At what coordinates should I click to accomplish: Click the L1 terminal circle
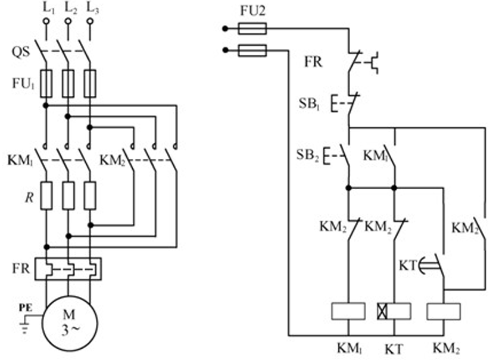pyautogui.click(x=46, y=21)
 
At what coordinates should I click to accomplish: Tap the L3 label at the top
pyautogui.click(x=92, y=8)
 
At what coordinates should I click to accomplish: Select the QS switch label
pyautogui.click(x=21, y=52)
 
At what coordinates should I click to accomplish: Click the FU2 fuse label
pyautogui.click(x=252, y=11)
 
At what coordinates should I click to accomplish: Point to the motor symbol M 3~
pyautogui.click(x=69, y=323)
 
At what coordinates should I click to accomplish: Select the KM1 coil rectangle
pyautogui.click(x=348, y=311)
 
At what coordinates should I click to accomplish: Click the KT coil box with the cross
pyautogui.click(x=394, y=311)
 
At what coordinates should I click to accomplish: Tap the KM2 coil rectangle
pyautogui.click(x=444, y=311)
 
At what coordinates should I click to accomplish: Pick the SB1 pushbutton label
pyautogui.click(x=309, y=104)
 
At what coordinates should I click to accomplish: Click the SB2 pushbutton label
pyautogui.click(x=307, y=155)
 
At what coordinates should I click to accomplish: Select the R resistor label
pyautogui.click(x=29, y=198)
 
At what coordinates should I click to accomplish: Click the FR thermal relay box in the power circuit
pyautogui.click(x=68, y=269)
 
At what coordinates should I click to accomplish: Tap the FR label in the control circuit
pyautogui.click(x=313, y=62)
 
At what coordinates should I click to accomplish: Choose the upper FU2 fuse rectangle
pyautogui.click(x=252, y=29)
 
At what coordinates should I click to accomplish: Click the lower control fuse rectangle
pyautogui.click(x=252, y=51)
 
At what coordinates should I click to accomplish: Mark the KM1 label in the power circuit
pyautogui.click(x=20, y=161)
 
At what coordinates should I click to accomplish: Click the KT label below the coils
pyautogui.click(x=394, y=349)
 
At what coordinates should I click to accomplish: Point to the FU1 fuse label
pyautogui.click(x=23, y=84)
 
